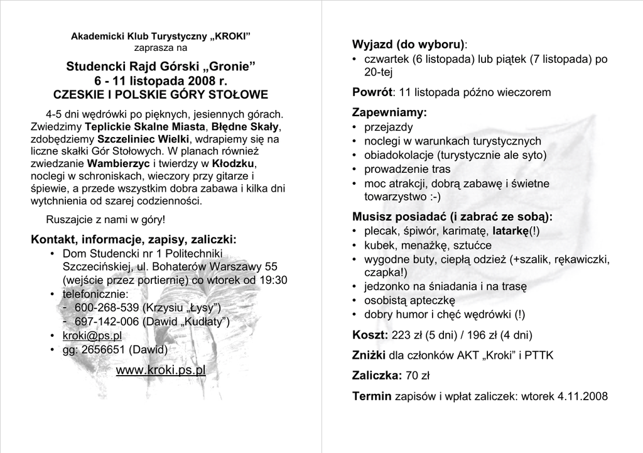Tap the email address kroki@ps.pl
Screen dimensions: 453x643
[92, 336]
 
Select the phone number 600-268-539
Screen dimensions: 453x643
[107, 308]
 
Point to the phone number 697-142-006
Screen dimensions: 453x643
[107, 322]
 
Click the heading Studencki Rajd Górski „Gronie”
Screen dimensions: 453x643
[161, 67]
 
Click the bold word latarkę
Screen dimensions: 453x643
[511, 231]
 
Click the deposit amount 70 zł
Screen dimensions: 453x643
[418, 376]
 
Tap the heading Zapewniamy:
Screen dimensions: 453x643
[389, 112]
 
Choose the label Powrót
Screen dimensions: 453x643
[372, 92]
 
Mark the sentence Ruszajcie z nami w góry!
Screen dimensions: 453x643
[106, 220]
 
